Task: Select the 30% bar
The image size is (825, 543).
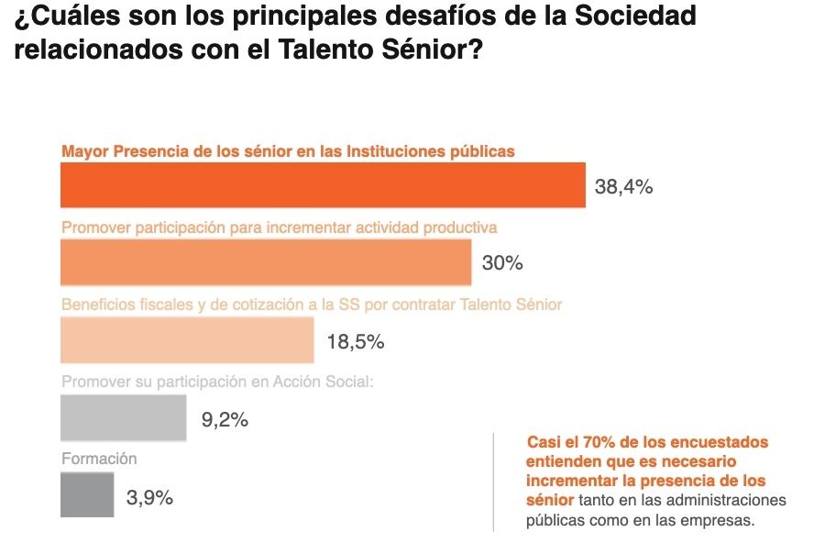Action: tap(266, 262)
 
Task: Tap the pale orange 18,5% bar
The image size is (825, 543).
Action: tap(187, 340)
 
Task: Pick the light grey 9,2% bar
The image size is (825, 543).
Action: tap(123, 418)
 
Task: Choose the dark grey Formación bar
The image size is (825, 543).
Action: tap(87, 495)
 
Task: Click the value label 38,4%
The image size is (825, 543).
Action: tap(623, 187)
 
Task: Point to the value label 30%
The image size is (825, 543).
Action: tap(502, 264)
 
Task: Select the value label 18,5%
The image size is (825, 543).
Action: tap(355, 342)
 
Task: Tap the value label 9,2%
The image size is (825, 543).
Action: tap(225, 421)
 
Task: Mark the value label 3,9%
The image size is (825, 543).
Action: tap(149, 498)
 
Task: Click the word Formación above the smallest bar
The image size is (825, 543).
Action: tap(99, 459)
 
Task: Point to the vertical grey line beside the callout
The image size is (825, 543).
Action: tap(493, 482)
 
